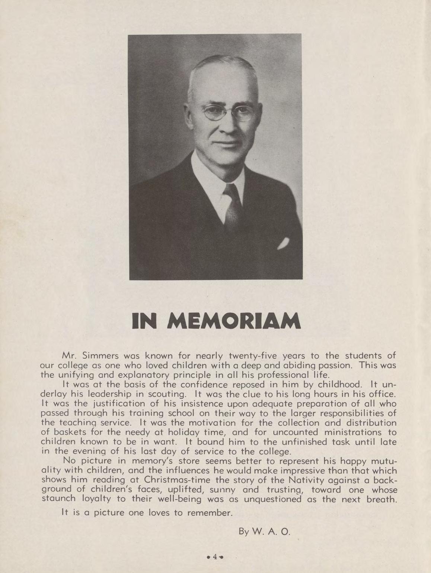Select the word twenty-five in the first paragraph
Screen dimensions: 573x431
tap(254, 355)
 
